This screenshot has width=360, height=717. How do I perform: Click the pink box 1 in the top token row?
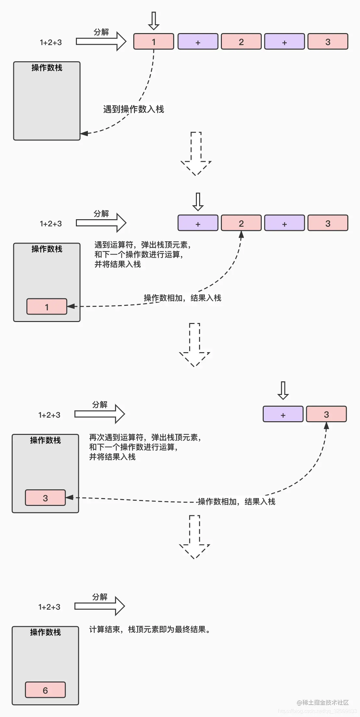[154, 42]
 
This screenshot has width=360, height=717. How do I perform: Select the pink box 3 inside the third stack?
[45, 498]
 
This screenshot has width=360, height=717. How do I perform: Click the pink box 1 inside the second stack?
[47, 307]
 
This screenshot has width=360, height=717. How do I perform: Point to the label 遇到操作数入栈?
[133, 109]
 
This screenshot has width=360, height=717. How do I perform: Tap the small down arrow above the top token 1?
[154, 21]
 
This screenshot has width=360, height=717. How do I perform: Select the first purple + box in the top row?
[198, 42]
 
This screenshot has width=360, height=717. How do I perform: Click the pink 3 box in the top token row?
[328, 42]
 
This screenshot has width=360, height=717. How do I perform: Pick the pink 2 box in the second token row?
[241, 223]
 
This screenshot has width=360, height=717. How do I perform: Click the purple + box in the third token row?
[283, 414]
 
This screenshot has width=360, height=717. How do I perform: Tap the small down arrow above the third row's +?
[283, 390]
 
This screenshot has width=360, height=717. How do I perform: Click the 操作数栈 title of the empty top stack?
[47, 67]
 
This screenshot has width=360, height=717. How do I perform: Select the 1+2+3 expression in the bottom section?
[49, 607]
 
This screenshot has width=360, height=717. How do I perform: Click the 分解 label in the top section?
[101, 32]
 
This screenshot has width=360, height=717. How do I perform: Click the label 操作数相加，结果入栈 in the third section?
[236, 502]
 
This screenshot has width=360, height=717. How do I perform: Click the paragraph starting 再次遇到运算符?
[145, 447]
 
